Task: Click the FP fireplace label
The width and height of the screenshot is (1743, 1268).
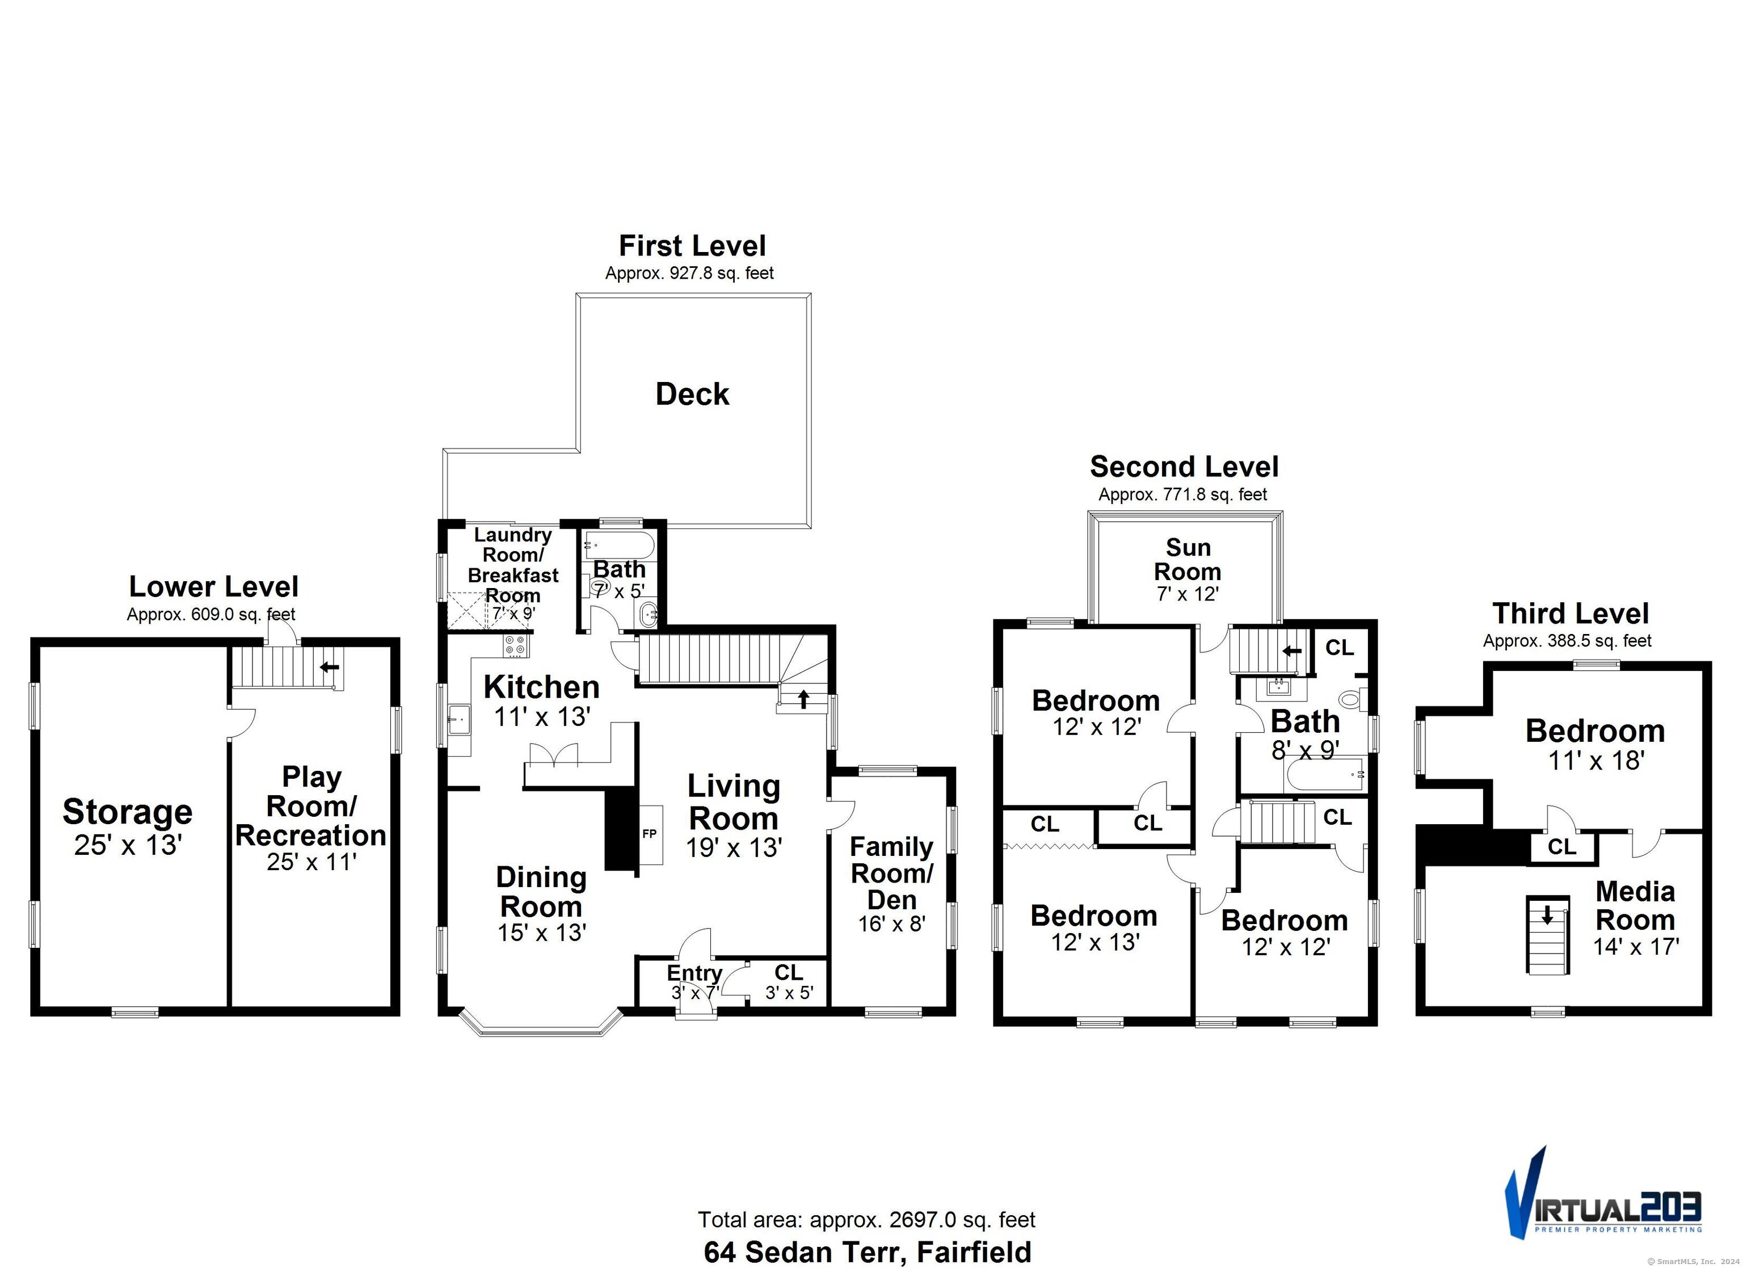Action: pyautogui.click(x=650, y=834)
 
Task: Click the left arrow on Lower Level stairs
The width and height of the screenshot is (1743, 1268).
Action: pyautogui.click(x=330, y=667)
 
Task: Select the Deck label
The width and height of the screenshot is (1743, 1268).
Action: pyautogui.click(x=692, y=394)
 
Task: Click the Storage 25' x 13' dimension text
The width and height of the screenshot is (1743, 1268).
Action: pyautogui.click(x=128, y=845)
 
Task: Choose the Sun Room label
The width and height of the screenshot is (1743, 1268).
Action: pyautogui.click(x=1188, y=559)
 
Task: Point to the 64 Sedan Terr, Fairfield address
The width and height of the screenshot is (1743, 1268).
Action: pyautogui.click(x=867, y=1252)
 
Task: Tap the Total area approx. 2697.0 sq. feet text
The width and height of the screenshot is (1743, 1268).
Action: pyautogui.click(x=866, y=1220)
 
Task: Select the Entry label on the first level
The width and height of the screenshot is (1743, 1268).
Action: pyautogui.click(x=694, y=973)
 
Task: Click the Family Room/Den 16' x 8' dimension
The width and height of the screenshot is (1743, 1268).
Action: pyautogui.click(x=891, y=923)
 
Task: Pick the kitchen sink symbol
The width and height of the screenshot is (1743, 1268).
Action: pyautogui.click(x=459, y=720)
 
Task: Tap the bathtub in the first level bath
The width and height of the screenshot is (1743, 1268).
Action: pyautogui.click(x=620, y=546)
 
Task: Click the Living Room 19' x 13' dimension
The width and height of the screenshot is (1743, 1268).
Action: pyautogui.click(x=734, y=847)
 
